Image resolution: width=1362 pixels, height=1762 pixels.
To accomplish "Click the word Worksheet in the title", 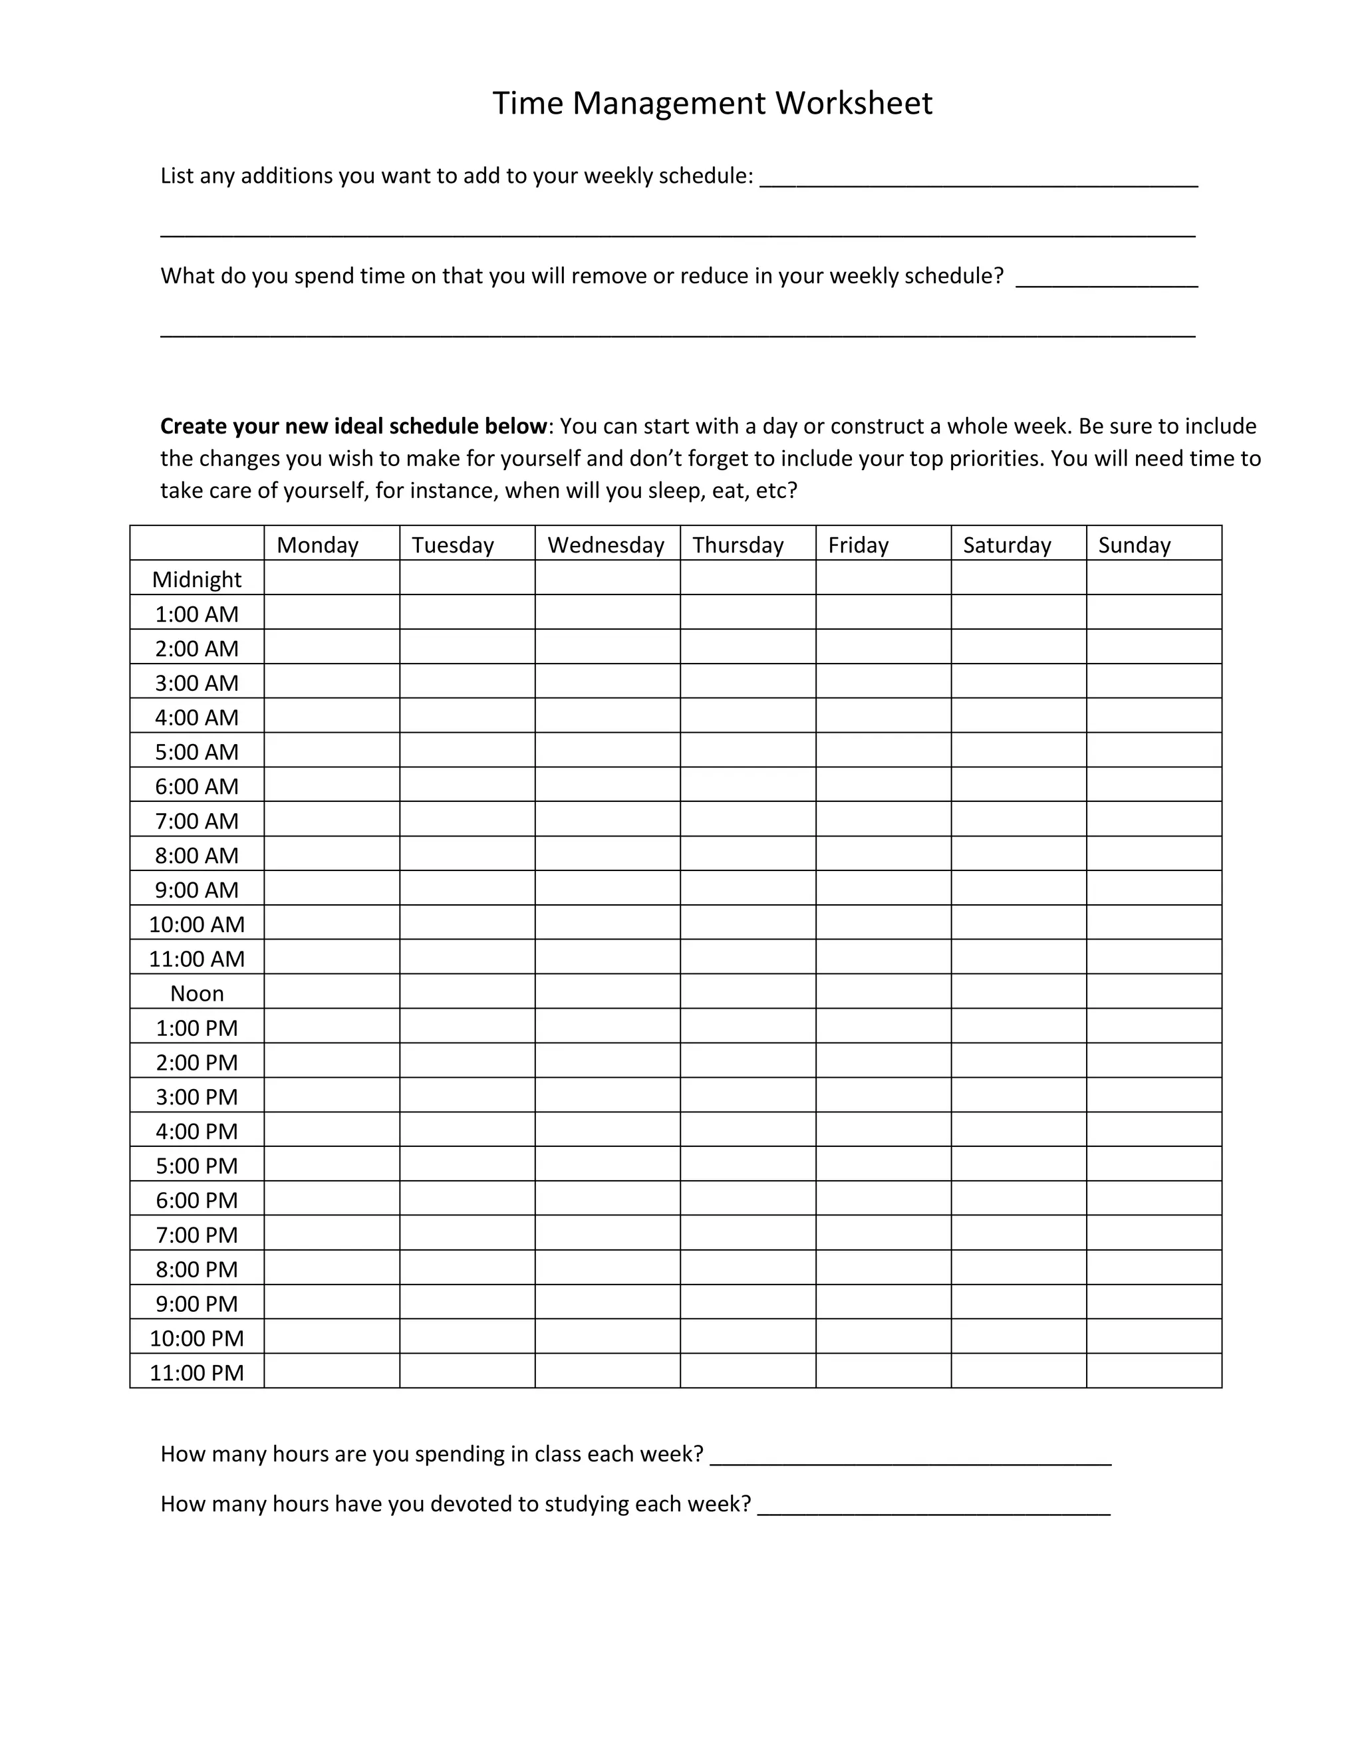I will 854,103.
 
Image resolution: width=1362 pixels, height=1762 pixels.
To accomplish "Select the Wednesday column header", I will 606,545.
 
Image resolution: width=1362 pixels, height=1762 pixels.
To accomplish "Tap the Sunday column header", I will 1134,545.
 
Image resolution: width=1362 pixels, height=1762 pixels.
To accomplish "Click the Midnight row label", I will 197,579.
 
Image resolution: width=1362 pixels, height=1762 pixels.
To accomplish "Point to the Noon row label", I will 197,993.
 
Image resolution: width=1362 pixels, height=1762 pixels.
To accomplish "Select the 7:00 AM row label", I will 197,820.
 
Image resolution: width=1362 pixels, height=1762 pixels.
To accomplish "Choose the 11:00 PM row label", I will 197,1372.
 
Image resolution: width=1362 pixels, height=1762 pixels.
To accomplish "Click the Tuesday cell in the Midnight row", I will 467,578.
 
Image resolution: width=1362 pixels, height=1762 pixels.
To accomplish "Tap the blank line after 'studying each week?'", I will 934,1505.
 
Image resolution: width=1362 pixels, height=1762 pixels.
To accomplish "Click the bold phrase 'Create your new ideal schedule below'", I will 353,426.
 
